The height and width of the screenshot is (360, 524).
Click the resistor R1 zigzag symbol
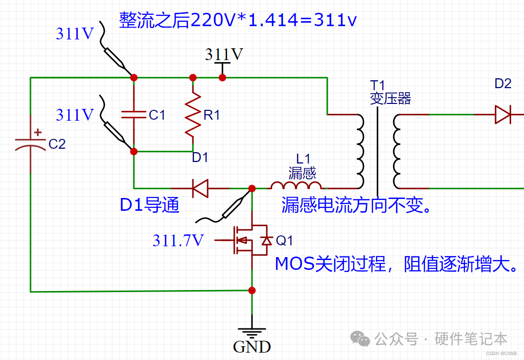[x=193, y=115]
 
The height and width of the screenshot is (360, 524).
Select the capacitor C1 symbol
[x=134, y=115]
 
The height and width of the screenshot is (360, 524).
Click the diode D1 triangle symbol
[x=199, y=188]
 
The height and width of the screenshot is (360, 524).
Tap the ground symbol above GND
[x=252, y=332]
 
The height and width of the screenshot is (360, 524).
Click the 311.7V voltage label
[x=178, y=240]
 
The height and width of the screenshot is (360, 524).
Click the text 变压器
[x=391, y=98]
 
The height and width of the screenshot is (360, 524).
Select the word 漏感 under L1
[x=302, y=172]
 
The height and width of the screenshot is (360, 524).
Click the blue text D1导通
[x=149, y=205]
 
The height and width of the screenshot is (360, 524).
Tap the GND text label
[x=252, y=347]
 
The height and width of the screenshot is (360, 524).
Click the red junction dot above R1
[x=193, y=77]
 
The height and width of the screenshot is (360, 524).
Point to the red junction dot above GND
[x=252, y=291]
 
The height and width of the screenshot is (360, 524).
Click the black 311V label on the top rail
[x=224, y=54]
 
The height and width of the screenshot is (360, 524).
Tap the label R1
[x=212, y=115]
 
